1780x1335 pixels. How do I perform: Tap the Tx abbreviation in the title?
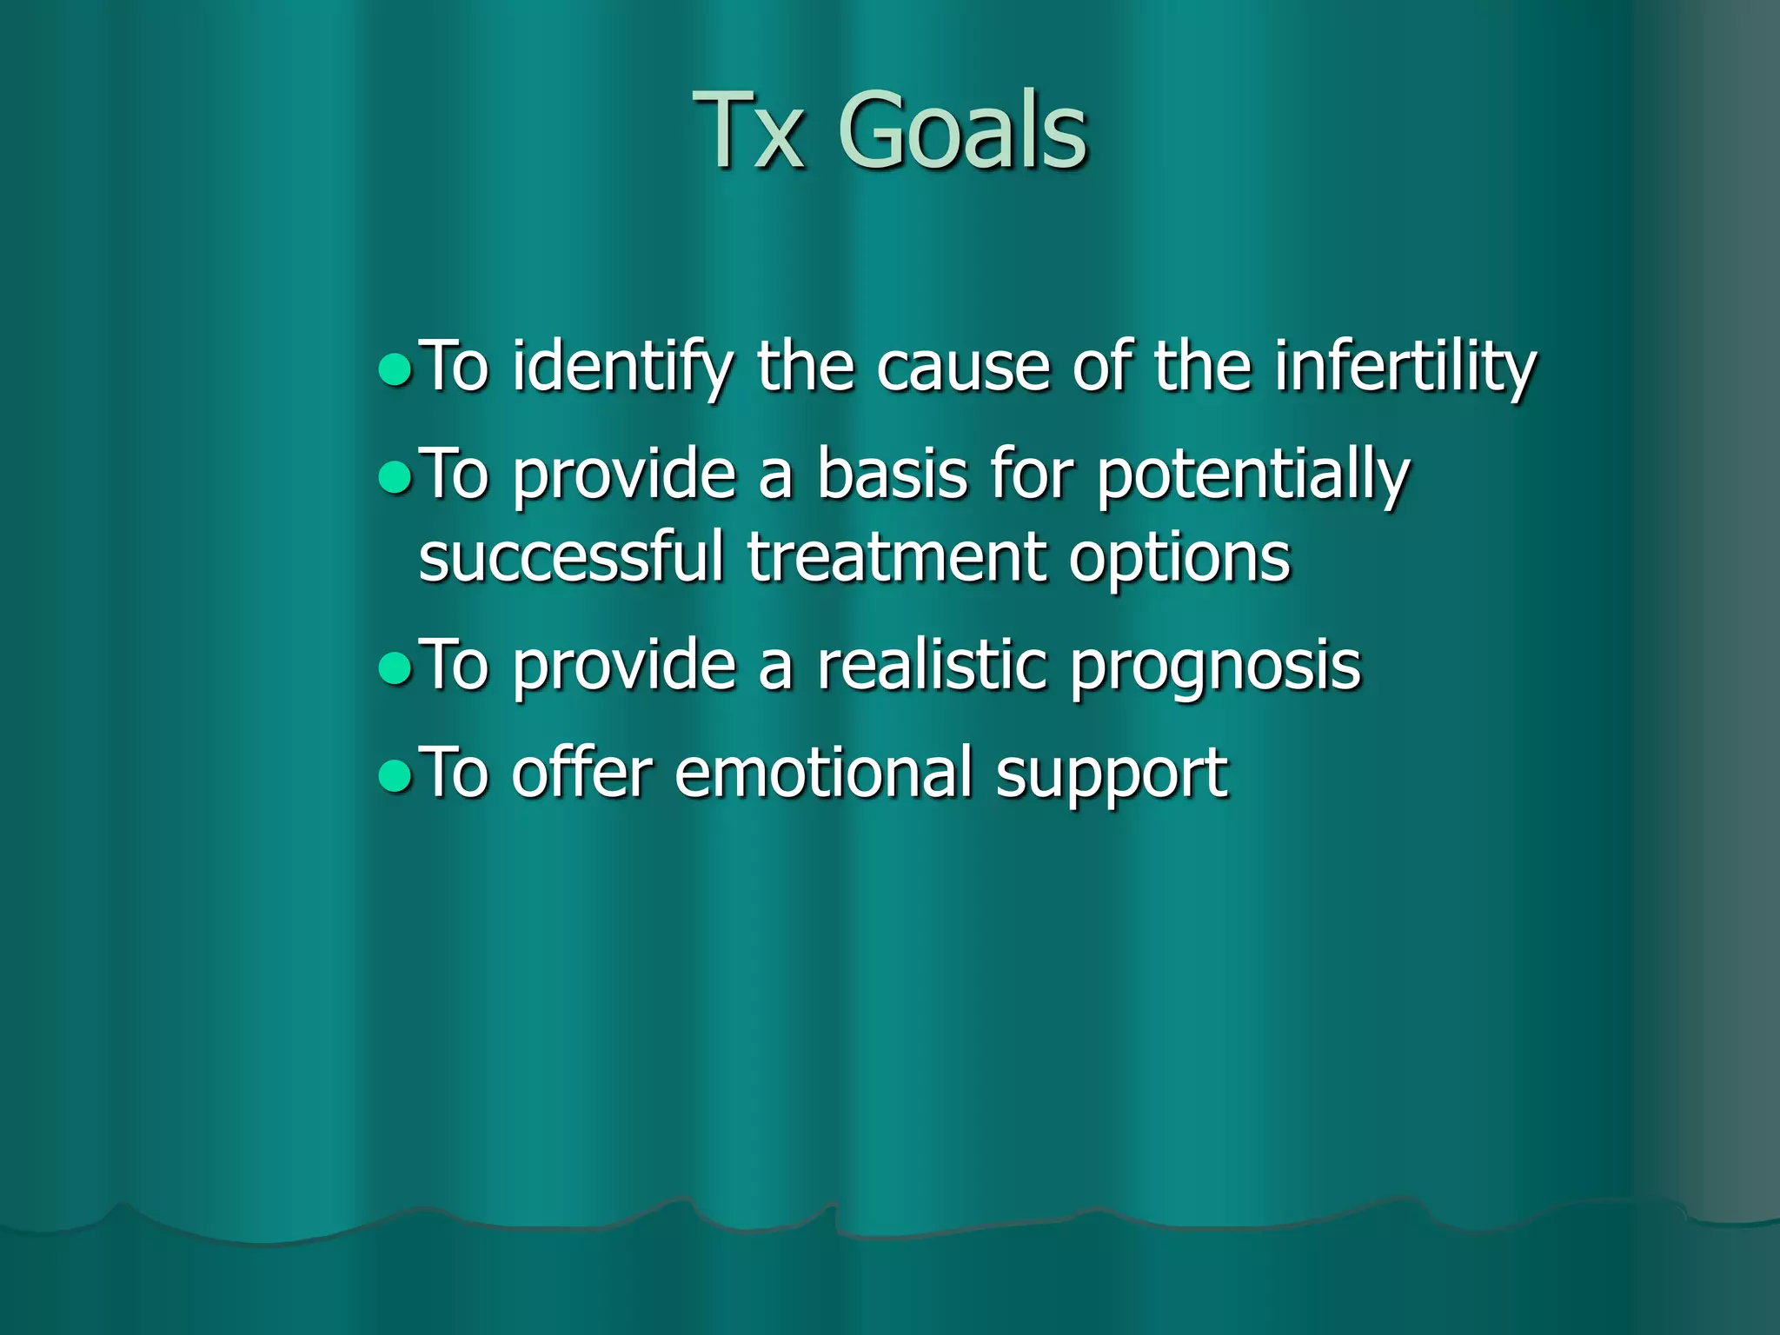click(x=748, y=132)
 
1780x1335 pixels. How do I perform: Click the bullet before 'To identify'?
click(x=395, y=369)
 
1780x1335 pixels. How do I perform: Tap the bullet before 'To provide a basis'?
click(x=395, y=476)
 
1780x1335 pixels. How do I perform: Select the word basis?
click(x=892, y=475)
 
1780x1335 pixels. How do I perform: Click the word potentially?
click(x=1252, y=476)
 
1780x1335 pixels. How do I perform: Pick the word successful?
click(x=571, y=558)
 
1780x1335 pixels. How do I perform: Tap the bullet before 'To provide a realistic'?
click(x=395, y=667)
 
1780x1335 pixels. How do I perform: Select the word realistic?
click(x=932, y=666)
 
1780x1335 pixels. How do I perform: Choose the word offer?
click(x=581, y=773)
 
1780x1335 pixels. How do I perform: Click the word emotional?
click(x=823, y=773)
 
